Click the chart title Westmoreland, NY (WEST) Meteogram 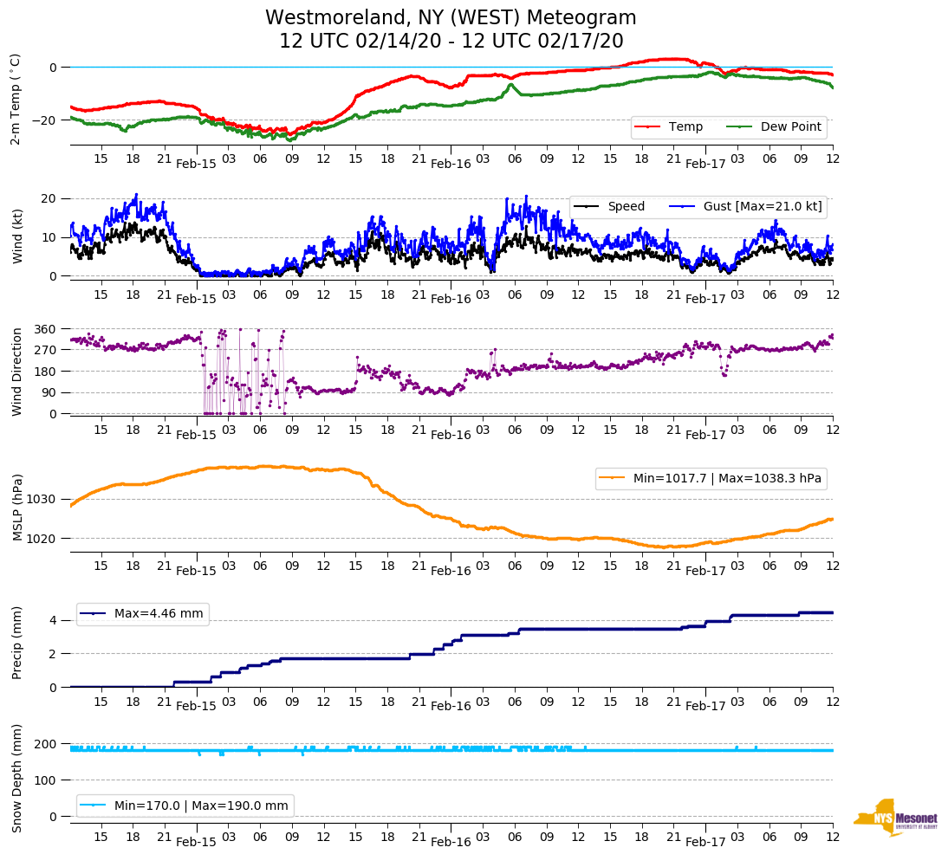(451, 18)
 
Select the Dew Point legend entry (789, 127)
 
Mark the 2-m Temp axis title (16, 99)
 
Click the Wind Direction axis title (16, 372)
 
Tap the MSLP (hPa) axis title (16, 508)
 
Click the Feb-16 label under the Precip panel (451, 707)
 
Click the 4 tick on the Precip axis (54, 621)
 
